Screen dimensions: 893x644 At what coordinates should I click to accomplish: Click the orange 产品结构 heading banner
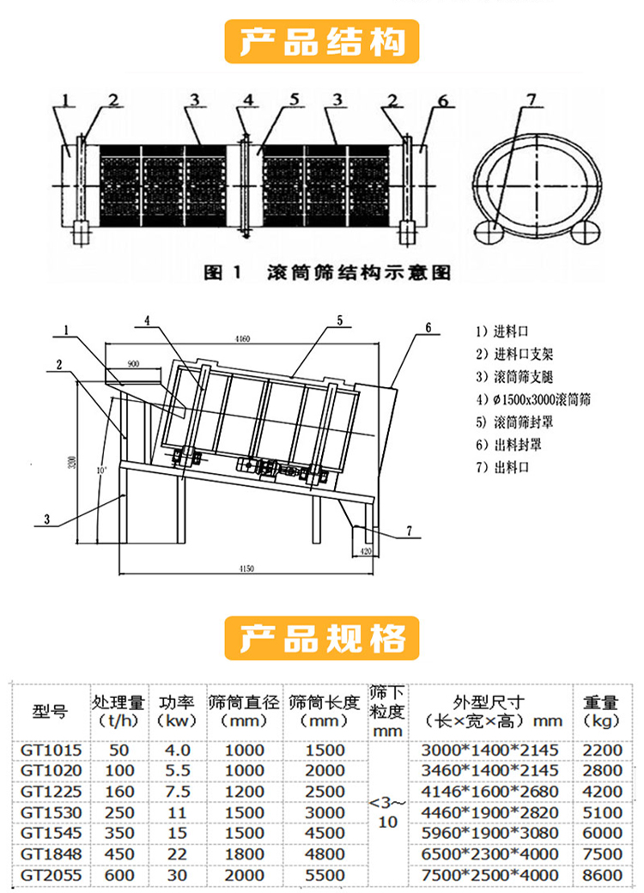(322, 40)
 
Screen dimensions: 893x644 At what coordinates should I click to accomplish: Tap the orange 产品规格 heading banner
(322, 638)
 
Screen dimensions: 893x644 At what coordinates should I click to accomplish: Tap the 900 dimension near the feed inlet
(133, 363)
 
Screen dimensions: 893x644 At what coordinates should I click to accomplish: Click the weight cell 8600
(602, 875)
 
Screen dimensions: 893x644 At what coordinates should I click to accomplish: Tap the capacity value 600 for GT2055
(120, 875)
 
